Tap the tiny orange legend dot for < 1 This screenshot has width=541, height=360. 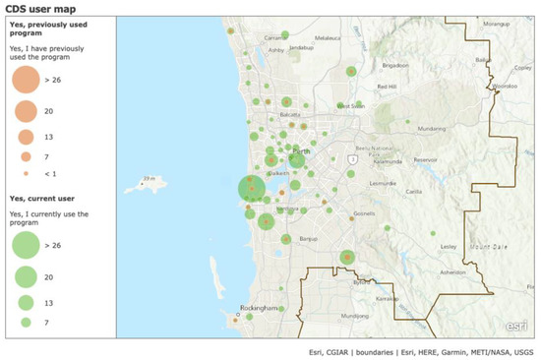(26, 174)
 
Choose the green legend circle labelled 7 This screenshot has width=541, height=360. (26, 322)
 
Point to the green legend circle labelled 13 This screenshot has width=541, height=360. (26, 302)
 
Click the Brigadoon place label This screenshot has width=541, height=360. (394, 66)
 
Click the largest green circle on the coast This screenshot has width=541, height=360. (252, 188)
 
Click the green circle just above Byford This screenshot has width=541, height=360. (346, 258)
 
